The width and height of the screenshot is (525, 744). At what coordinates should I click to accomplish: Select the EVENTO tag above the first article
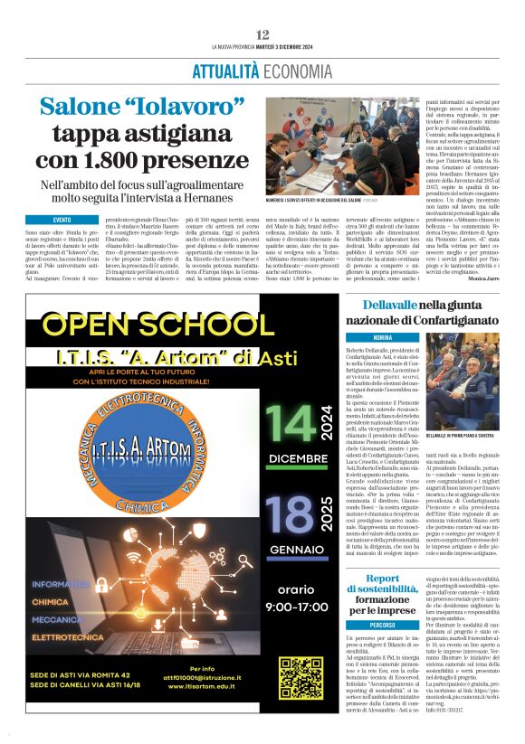[x=62, y=220]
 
